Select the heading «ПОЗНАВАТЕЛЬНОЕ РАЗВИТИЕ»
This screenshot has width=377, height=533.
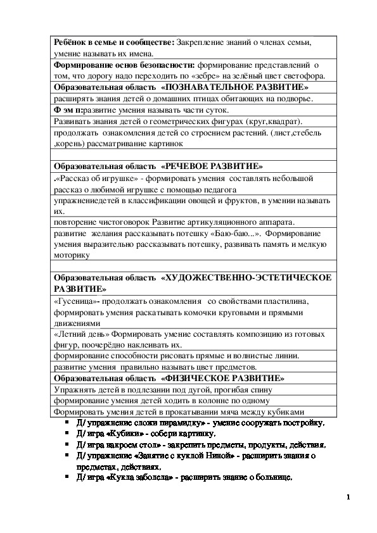click(x=235, y=87)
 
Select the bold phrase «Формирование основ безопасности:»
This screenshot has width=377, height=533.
click(x=125, y=65)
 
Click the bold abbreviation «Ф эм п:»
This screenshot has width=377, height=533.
click(x=68, y=110)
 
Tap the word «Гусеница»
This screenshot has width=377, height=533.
click(x=75, y=301)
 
